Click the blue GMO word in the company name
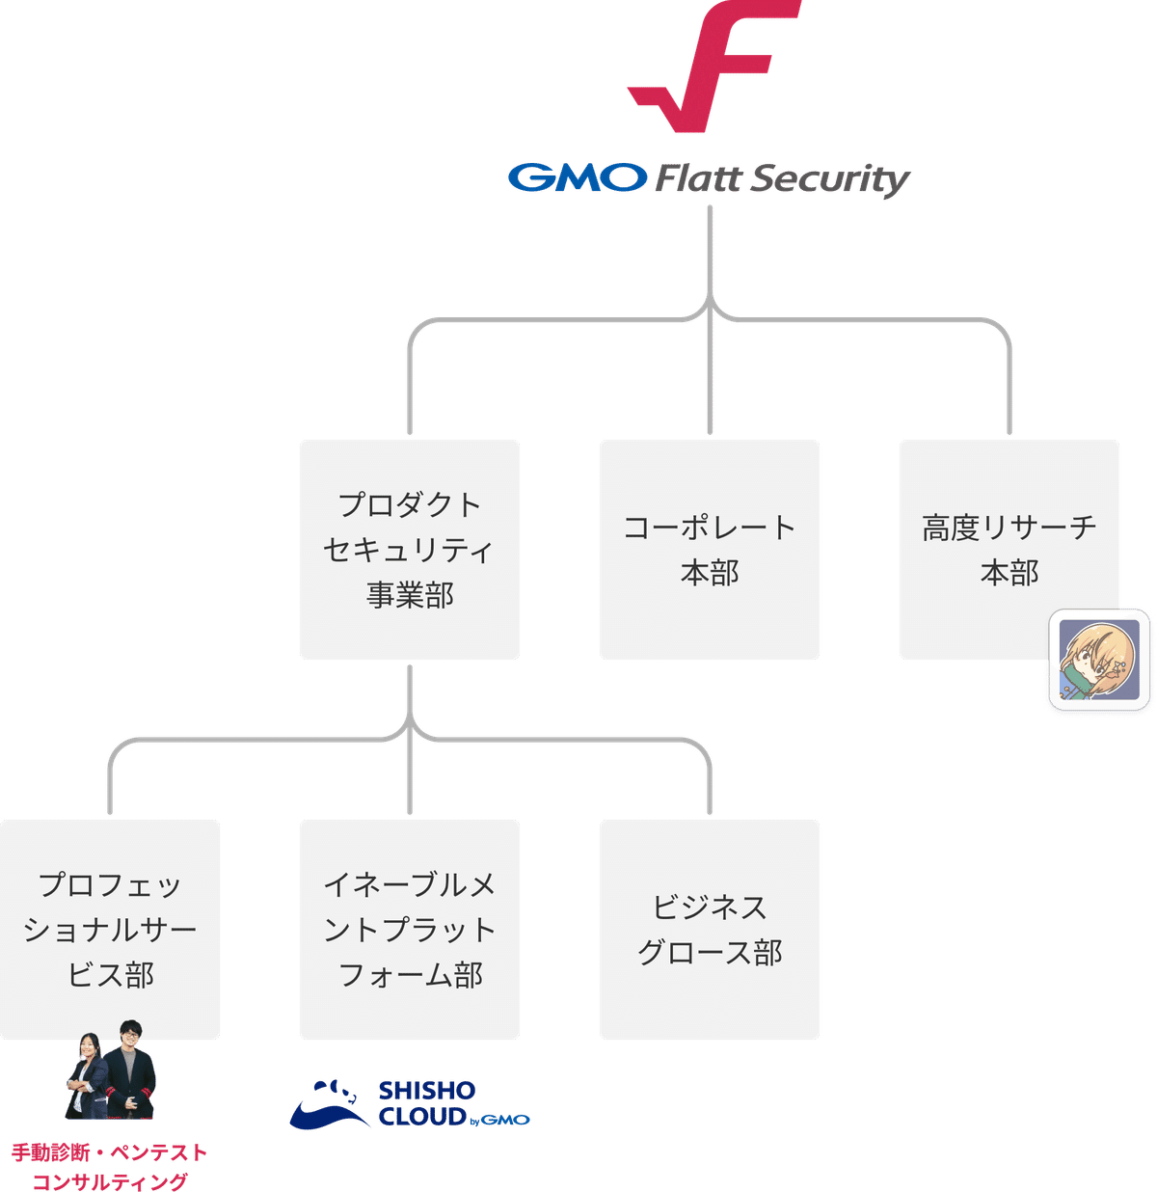576,178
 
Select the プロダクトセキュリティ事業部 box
410,550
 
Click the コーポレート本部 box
710,550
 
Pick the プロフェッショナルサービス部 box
110,930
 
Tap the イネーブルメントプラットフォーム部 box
410,930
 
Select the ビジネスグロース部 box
710,930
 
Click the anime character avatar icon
1099,660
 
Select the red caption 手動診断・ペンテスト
109,1152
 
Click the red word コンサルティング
109,1181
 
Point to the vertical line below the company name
710,251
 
